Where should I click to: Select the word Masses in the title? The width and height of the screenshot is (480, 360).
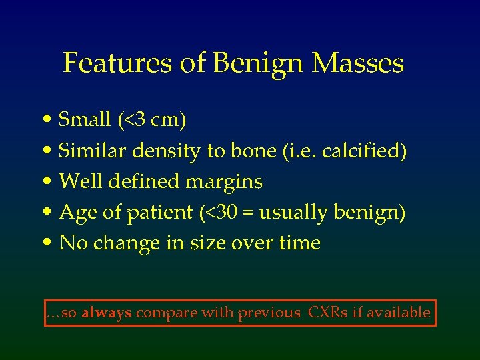pos(358,64)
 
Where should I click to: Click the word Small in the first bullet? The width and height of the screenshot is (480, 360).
pos(85,120)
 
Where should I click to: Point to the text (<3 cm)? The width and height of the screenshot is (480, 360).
pos(152,120)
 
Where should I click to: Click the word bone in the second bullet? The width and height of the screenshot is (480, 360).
pos(246,151)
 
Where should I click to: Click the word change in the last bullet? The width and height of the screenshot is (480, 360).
pos(123,243)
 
